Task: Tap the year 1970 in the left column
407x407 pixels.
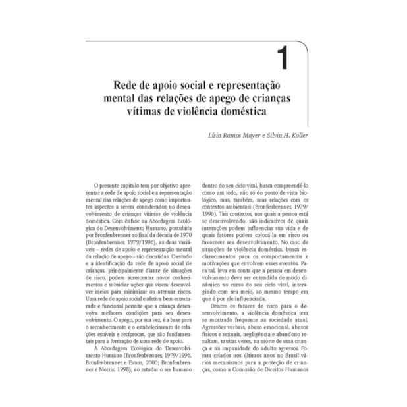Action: pos(182,233)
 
